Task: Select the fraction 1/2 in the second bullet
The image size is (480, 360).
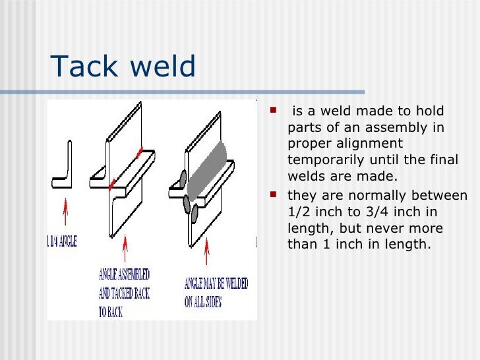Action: [300, 212]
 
